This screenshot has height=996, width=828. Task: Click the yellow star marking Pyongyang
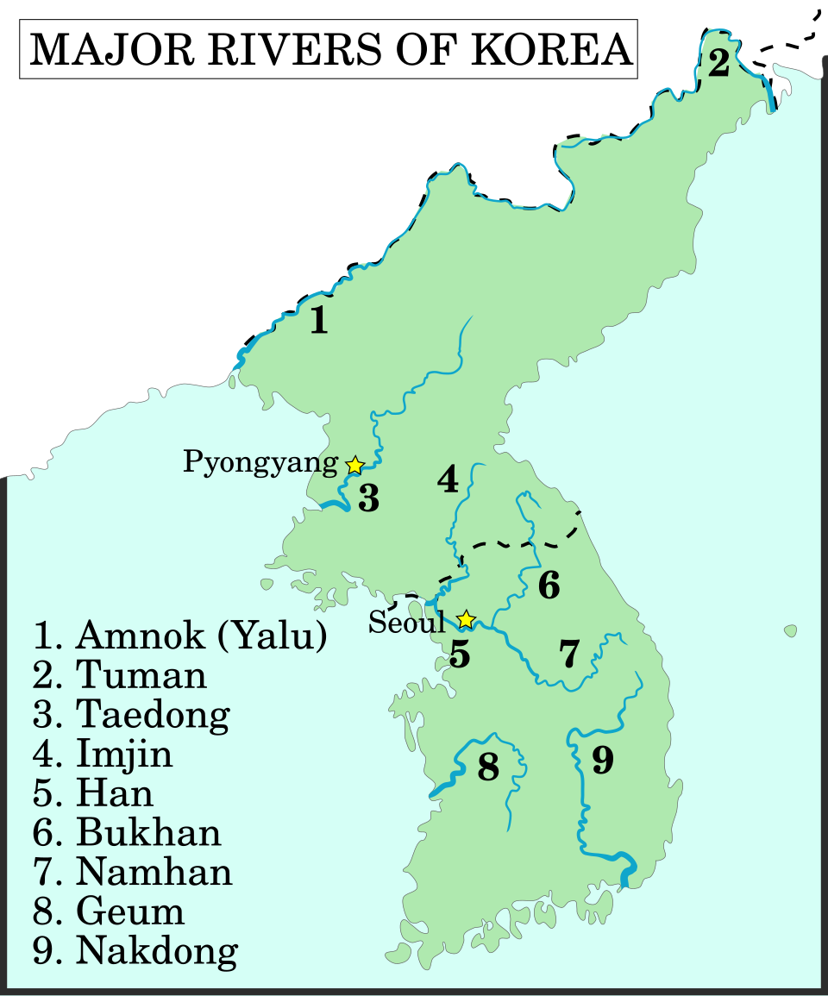354,466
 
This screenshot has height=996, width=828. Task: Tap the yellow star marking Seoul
466,618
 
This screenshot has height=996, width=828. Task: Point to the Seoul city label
407,622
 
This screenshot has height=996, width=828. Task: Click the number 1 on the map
319,321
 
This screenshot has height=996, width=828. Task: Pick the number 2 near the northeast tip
718,64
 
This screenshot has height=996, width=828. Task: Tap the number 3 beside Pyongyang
368,498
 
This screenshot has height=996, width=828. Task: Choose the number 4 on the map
447,479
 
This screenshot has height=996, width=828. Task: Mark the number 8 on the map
488,767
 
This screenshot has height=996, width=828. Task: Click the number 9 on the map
602,761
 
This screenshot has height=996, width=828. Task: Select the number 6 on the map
549,586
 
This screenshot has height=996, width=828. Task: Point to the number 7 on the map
568,655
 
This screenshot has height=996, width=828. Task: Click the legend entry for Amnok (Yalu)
180,636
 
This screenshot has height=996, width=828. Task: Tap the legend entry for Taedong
132,715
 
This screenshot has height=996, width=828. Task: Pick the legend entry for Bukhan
128,833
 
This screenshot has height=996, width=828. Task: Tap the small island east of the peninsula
790,631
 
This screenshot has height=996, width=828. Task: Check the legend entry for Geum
109,911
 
